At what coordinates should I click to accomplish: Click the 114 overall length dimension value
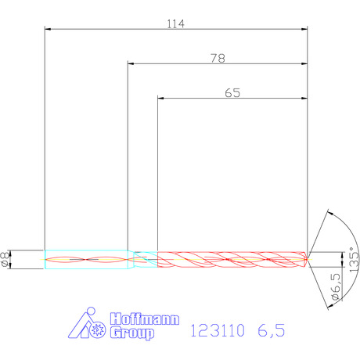(175, 23)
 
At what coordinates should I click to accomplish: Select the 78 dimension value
(218, 58)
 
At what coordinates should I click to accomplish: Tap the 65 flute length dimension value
(232, 93)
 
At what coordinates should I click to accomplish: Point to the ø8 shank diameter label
(5, 259)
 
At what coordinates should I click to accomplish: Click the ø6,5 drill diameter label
(336, 286)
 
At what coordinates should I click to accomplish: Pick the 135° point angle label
(354, 260)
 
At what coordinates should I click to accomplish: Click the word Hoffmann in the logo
(145, 319)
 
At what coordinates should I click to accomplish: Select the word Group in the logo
(131, 333)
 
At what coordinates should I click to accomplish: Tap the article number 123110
(218, 330)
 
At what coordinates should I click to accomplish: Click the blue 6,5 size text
(272, 330)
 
